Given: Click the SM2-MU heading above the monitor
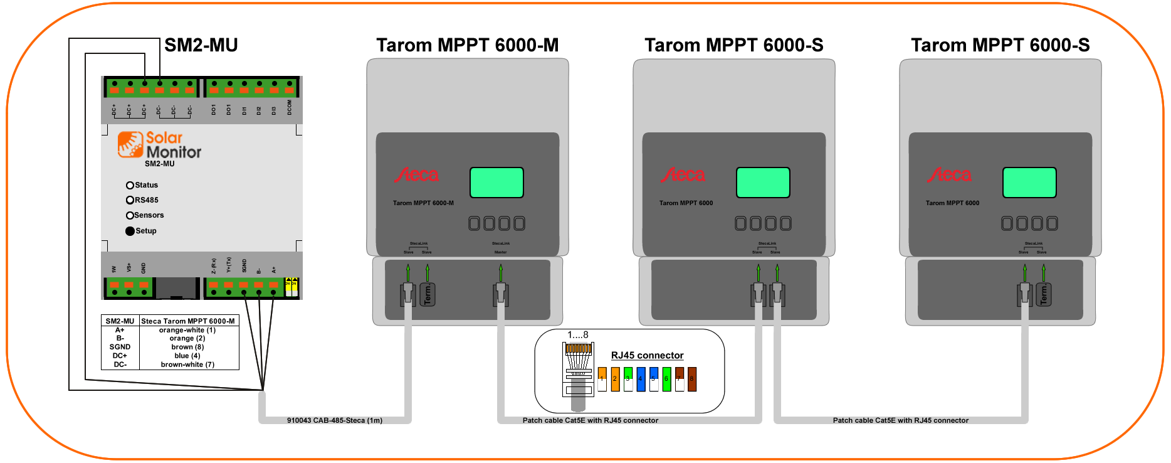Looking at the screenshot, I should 201,45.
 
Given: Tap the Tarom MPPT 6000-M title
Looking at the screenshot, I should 467,45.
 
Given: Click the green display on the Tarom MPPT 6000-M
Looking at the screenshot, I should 496,183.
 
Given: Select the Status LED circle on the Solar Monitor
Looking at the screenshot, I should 130,185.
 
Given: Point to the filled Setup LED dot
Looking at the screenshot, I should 130,231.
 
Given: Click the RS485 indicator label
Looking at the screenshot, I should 147,200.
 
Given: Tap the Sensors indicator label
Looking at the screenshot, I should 149,215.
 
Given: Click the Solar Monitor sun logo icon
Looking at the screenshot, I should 130,144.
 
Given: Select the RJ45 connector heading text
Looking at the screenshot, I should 647,355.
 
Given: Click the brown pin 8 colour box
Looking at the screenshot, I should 692,380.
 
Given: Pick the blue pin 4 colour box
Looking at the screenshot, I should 641,380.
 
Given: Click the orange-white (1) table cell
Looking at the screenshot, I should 187,330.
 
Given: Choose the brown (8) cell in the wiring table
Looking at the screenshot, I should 187,347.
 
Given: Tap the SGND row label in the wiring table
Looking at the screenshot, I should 120,347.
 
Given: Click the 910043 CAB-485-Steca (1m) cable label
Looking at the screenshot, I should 334,420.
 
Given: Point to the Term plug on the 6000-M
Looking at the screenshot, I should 428,294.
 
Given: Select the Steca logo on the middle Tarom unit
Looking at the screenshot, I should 683,175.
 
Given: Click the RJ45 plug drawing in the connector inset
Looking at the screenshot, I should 578,370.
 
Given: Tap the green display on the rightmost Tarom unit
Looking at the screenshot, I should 1029,183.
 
